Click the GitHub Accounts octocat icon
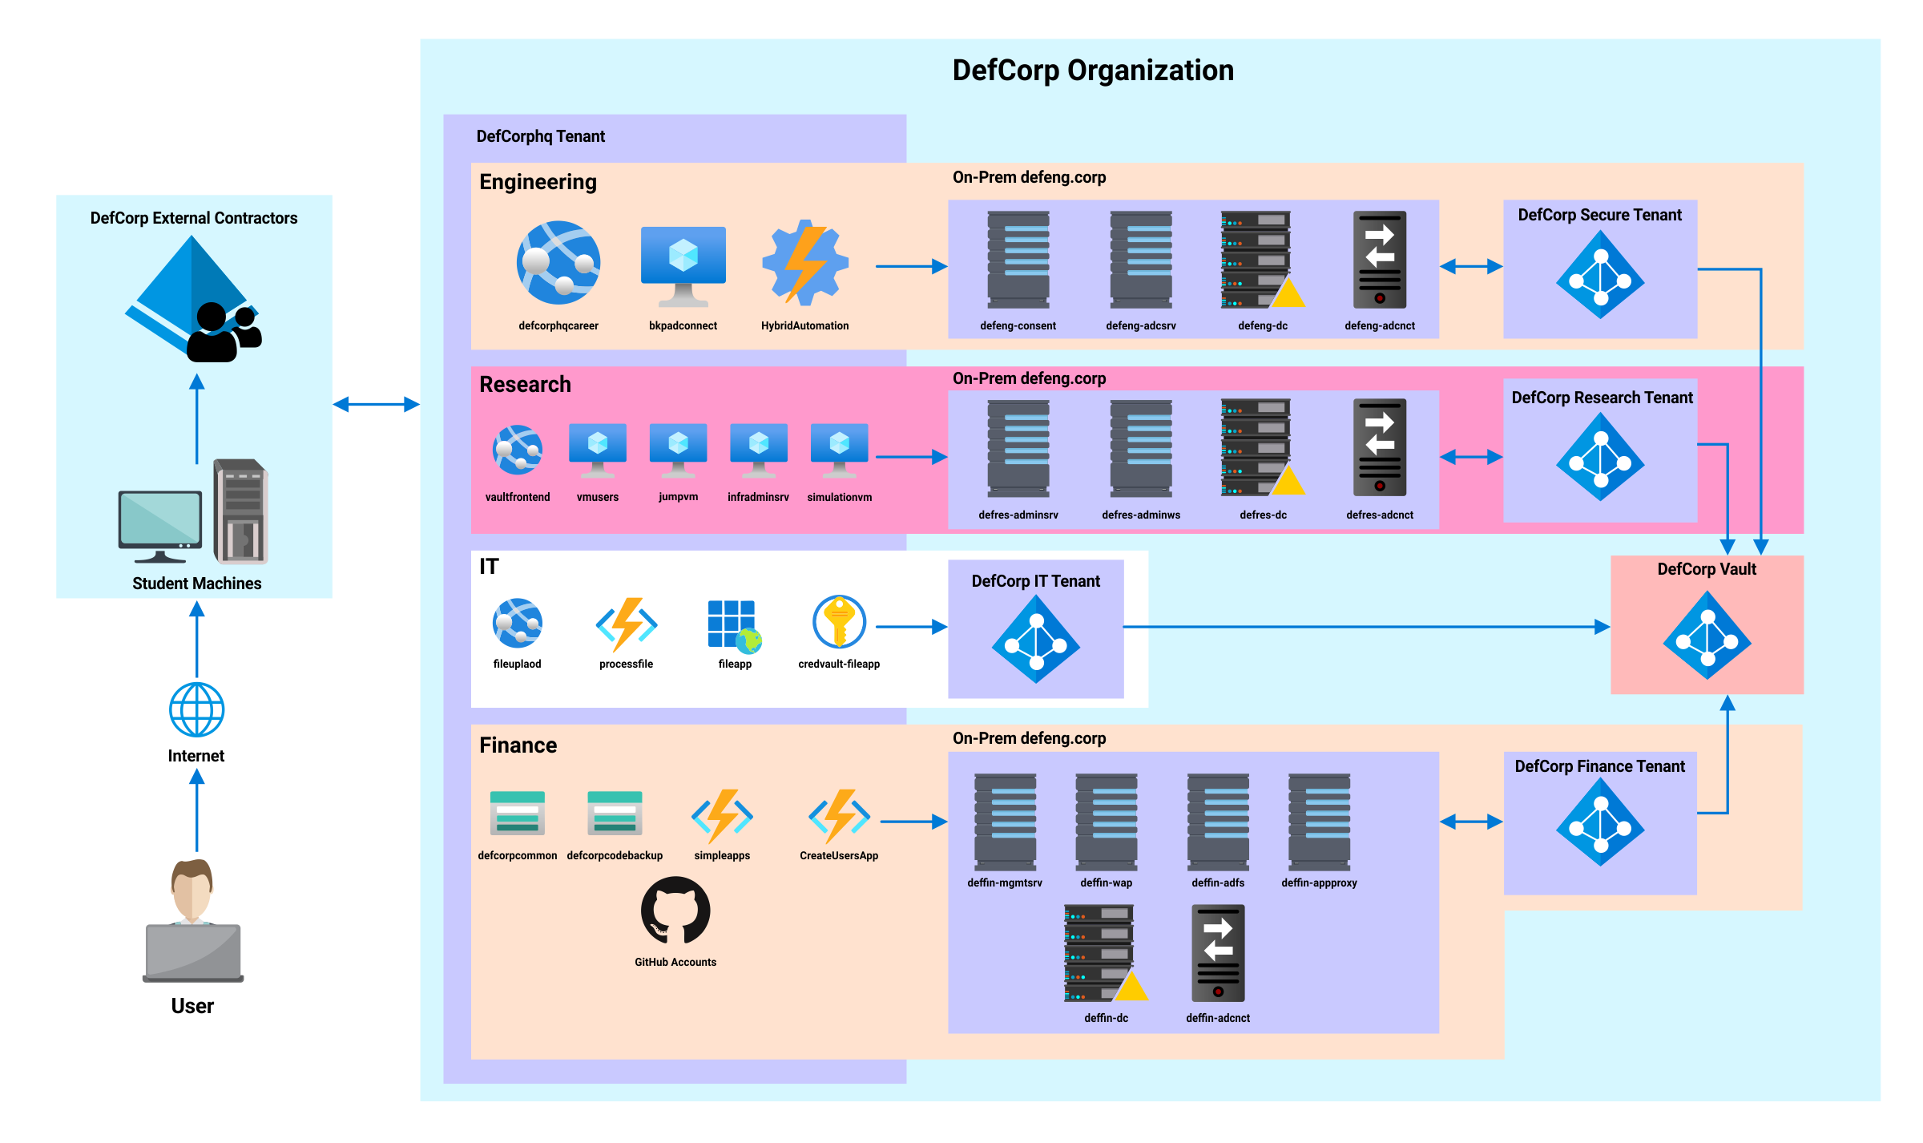(675, 911)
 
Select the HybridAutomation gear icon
(804, 263)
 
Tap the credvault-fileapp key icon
(839, 621)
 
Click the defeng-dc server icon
(1260, 260)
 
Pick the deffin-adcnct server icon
(1218, 954)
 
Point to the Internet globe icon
(196, 709)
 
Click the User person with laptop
(193, 922)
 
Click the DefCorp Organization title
(1093, 71)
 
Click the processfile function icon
(627, 624)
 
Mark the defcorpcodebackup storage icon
(615, 813)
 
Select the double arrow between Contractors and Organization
(376, 405)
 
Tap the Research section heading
(525, 385)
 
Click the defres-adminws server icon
(1140, 449)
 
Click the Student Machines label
(196, 584)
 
